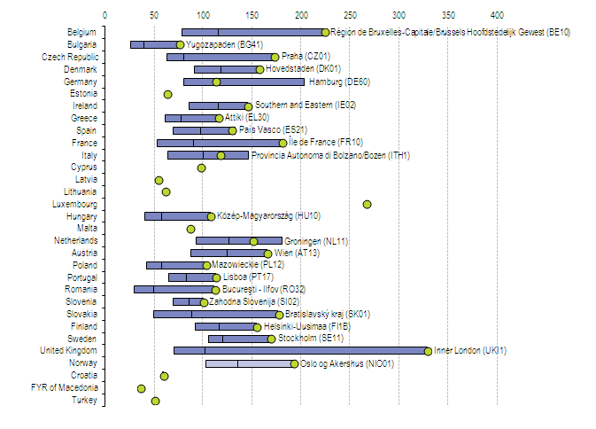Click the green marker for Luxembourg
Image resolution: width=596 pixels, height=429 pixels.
(x=367, y=204)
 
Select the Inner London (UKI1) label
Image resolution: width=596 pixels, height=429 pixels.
(x=470, y=351)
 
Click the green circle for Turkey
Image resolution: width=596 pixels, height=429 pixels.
(x=155, y=401)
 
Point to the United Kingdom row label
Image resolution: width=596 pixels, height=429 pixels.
(x=69, y=351)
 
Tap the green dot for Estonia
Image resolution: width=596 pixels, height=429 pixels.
(x=167, y=94)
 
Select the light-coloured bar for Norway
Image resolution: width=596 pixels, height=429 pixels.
(x=250, y=363)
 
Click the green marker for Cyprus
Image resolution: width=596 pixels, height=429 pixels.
(x=201, y=168)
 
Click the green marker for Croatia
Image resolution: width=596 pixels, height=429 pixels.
(x=164, y=376)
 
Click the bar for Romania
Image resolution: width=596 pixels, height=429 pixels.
(x=174, y=289)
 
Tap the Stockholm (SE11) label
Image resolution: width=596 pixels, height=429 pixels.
(x=309, y=339)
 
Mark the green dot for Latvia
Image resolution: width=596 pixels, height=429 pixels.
(x=159, y=180)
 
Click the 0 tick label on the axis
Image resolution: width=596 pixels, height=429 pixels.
(x=105, y=15)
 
